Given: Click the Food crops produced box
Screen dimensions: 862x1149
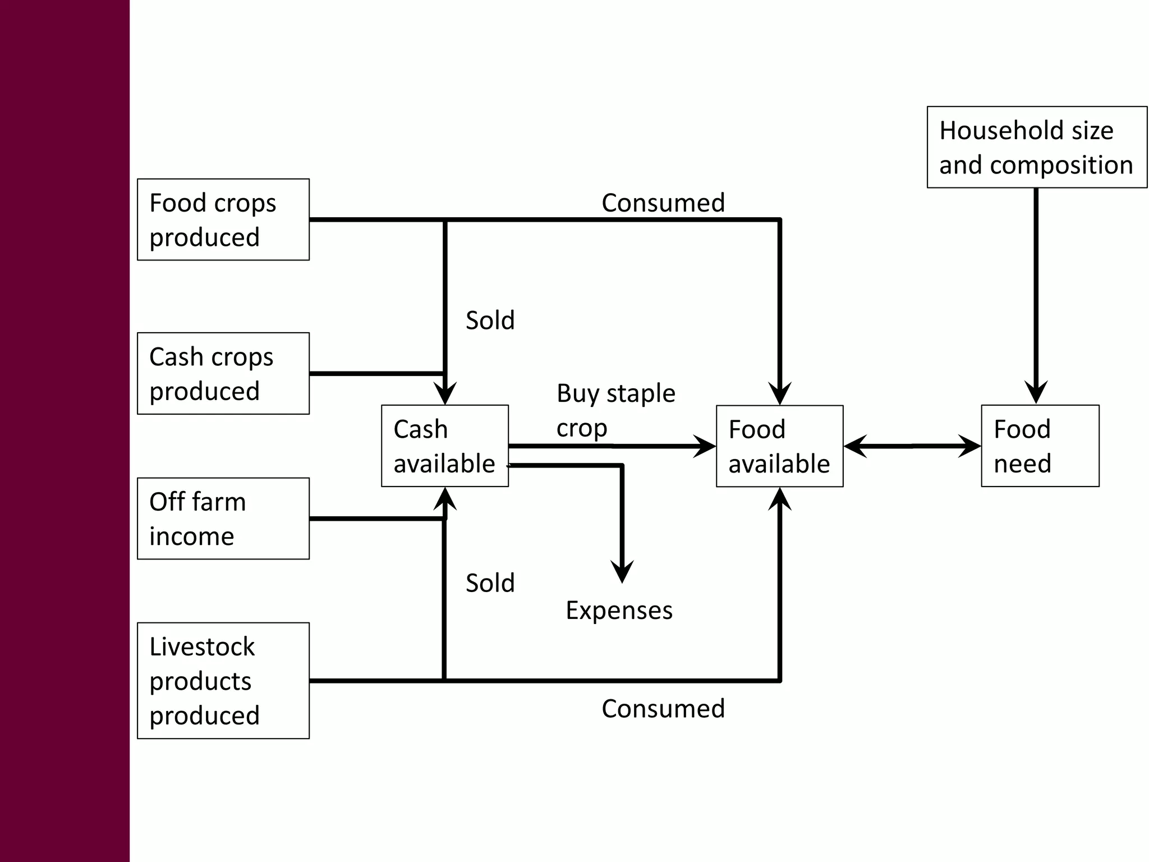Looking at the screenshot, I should tap(223, 219).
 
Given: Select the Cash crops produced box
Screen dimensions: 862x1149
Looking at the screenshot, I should tap(223, 373).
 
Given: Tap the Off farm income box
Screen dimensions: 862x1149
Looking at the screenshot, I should tap(223, 518).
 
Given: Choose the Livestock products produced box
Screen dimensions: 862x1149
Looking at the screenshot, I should tap(223, 680).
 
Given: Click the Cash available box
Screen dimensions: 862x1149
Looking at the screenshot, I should tap(444, 446).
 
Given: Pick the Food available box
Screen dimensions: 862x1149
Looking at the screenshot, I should tap(779, 446).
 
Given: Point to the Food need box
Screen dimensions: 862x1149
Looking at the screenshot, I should tap(1040, 446).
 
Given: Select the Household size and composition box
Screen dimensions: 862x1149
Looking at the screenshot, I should tap(1036, 147).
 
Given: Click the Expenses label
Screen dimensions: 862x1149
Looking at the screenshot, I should tap(619, 610).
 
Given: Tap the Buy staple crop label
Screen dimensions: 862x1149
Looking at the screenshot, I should tap(615, 410).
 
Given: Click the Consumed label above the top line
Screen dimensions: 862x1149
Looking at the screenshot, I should tap(663, 203).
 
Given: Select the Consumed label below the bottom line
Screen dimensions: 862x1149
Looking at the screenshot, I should tap(663, 708).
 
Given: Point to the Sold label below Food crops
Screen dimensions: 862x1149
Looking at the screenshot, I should tap(490, 320).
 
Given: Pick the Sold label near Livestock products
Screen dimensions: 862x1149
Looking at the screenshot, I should tap(490, 583).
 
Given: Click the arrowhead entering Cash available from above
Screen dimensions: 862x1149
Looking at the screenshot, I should tap(445, 394).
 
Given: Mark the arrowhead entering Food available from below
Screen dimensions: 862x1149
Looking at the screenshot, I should tap(780, 498).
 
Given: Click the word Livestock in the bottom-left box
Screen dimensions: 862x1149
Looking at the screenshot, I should tap(202, 646).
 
